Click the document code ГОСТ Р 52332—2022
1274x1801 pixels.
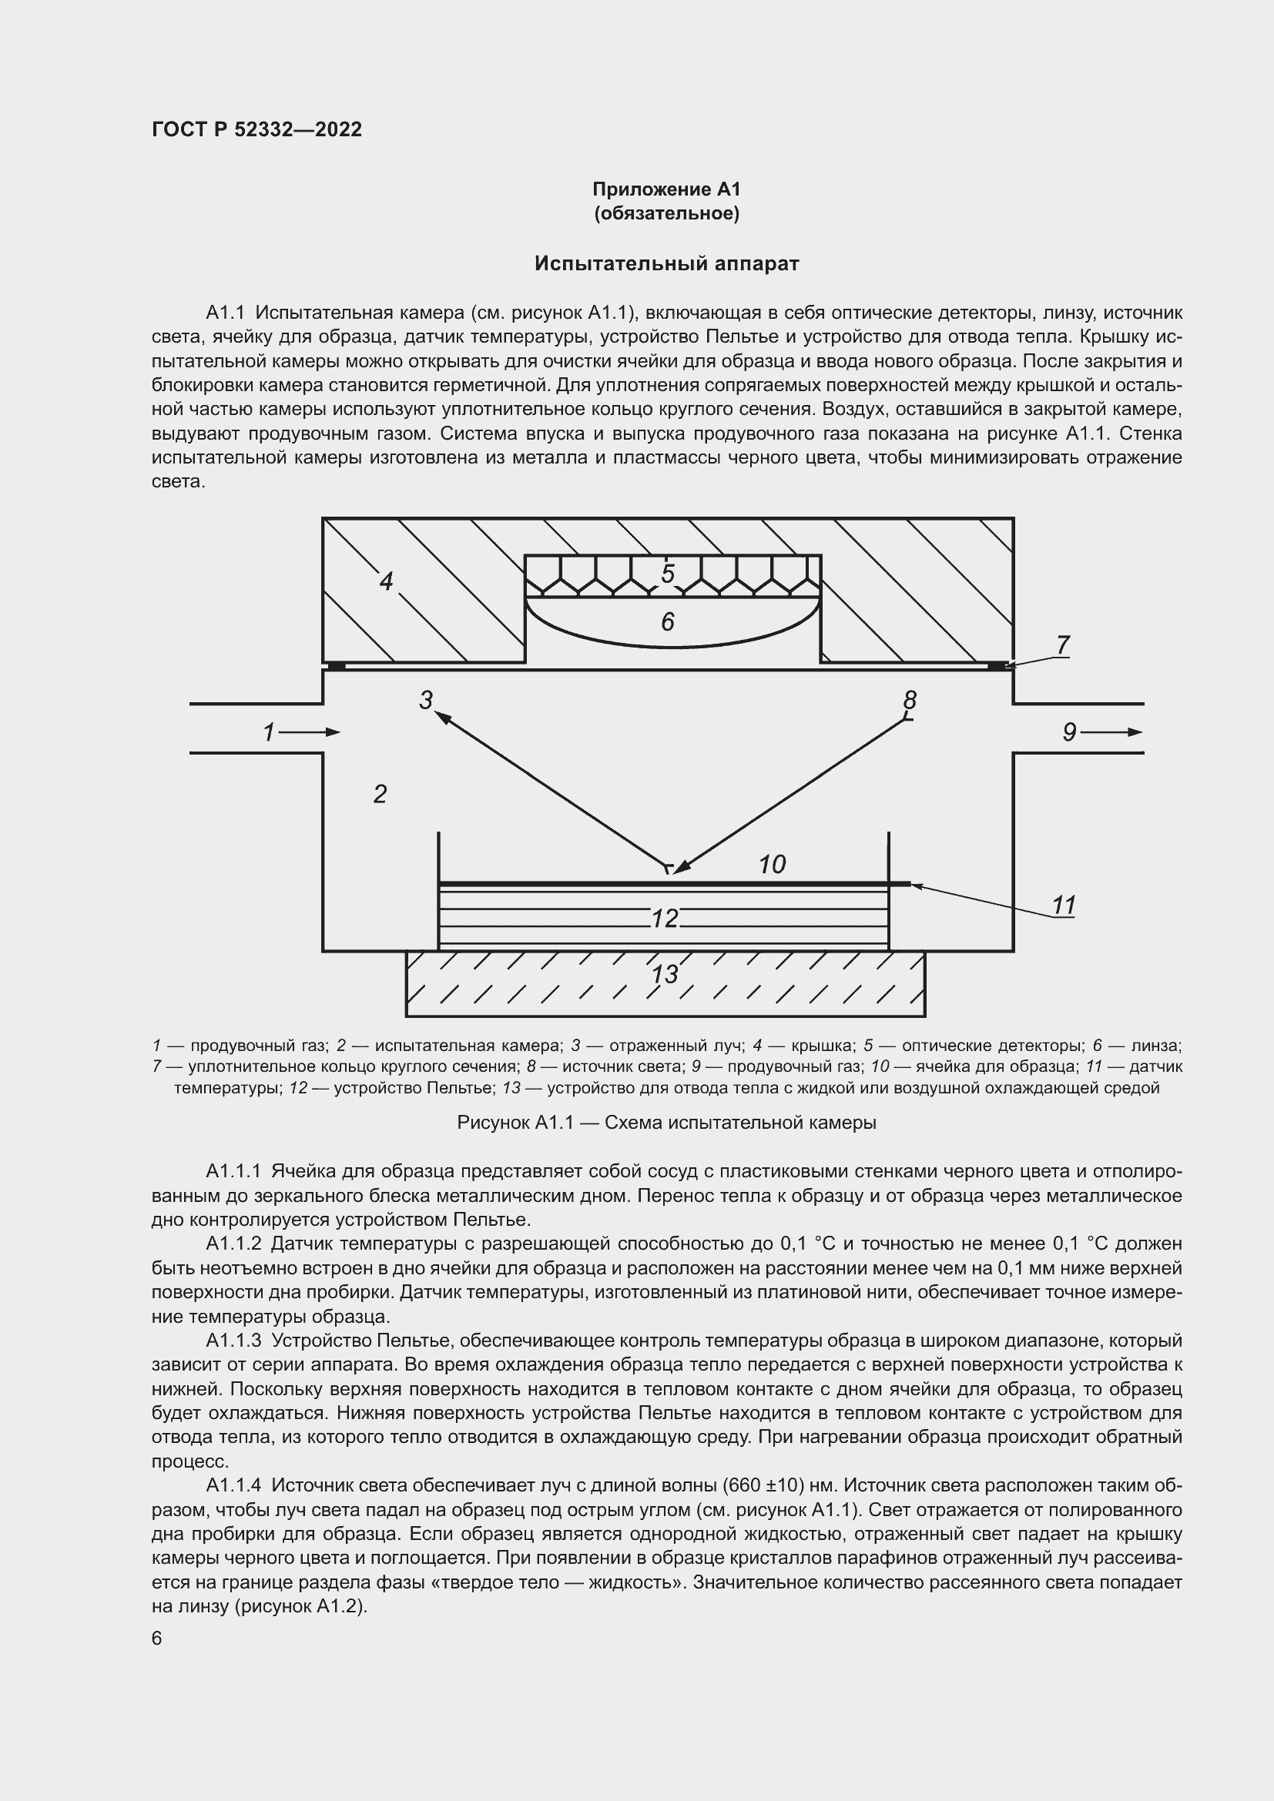tap(256, 130)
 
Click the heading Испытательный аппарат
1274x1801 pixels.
tap(666, 263)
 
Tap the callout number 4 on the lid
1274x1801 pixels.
tap(385, 582)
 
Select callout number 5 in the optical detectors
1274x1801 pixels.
tap(668, 574)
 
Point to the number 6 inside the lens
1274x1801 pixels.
tap(668, 622)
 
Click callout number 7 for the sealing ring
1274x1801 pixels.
tap(1062, 645)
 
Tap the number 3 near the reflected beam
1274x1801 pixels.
tap(426, 701)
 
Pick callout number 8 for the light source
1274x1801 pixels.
tap(909, 700)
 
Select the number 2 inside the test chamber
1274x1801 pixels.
tap(380, 795)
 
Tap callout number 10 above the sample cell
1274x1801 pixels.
tap(772, 865)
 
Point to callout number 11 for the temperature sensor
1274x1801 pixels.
tap(1063, 906)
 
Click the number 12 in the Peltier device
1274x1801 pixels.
tap(665, 918)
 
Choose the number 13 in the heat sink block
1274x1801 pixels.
tap(665, 975)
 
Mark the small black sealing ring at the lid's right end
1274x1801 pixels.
tap(995, 666)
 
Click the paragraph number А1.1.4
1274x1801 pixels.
tap(238, 1485)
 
